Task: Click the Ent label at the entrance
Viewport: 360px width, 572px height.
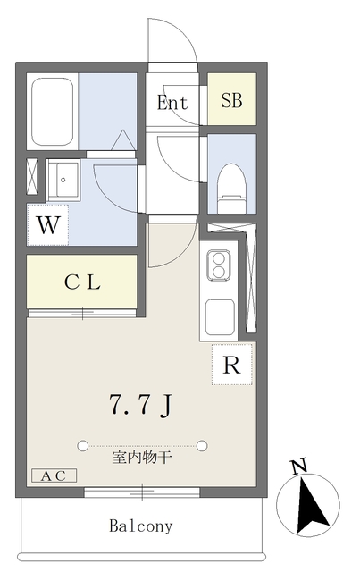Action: pos(172,103)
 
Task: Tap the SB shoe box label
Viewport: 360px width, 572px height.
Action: pos(232,102)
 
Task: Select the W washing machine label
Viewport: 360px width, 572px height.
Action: pos(49,225)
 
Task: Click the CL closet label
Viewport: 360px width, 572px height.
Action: pos(82,282)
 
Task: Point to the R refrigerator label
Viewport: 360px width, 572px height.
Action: pos(232,365)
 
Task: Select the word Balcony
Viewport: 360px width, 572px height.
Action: pos(141,526)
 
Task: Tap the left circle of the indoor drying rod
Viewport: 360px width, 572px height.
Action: pos(83,444)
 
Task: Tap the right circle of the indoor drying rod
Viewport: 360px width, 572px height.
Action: pos(203,444)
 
